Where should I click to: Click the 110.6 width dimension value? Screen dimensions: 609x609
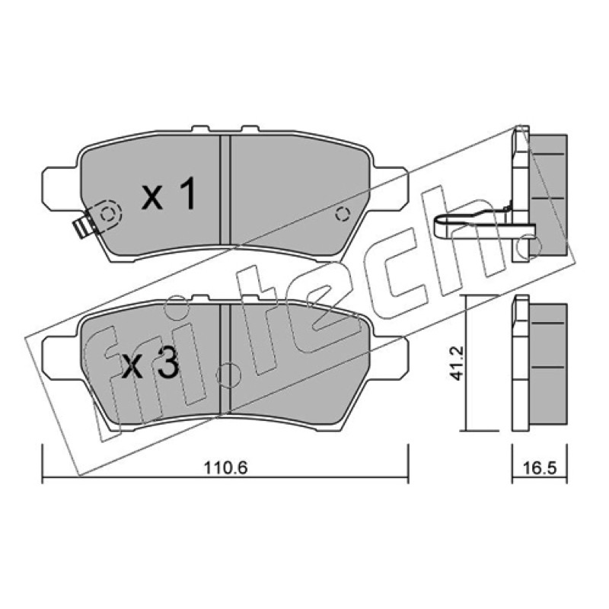pyautogui.click(x=225, y=468)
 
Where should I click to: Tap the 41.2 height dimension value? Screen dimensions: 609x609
pyautogui.click(x=458, y=363)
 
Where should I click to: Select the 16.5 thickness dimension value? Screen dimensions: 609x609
pyautogui.click(x=540, y=468)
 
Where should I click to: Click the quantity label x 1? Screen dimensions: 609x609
pyautogui.click(x=168, y=193)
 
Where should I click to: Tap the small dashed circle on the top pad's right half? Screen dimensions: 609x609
pyautogui.click(x=342, y=214)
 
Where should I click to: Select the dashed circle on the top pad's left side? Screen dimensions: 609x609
pyautogui.click(x=107, y=214)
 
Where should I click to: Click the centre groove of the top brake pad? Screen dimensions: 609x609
pyautogui.click(x=225, y=190)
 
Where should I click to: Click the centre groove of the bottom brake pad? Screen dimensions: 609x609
pyautogui.click(x=225, y=358)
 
